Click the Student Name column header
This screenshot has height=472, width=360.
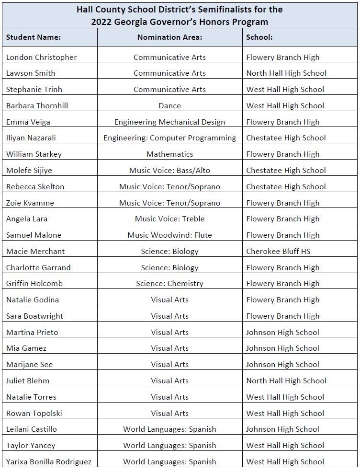[x=34, y=37]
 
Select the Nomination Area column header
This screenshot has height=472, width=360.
[x=169, y=37]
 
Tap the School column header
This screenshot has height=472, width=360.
[x=259, y=37]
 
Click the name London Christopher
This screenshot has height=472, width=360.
[x=41, y=57]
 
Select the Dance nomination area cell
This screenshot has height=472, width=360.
[x=169, y=105]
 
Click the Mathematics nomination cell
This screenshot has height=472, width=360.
[x=169, y=154]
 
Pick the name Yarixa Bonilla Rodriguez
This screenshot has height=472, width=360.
[x=48, y=461]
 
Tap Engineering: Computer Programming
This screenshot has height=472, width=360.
[x=169, y=138]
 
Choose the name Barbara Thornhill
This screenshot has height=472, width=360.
[x=37, y=105]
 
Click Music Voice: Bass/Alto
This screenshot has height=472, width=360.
[x=169, y=170]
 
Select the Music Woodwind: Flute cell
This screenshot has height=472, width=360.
[x=169, y=235]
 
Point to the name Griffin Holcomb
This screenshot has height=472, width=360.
[x=34, y=283]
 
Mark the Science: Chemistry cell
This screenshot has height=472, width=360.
[x=169, y=283]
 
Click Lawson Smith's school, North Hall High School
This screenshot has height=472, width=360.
[x=286, y=73]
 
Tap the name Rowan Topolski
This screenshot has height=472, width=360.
[x=34, y=413]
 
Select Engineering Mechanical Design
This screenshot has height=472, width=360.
[x=169, y=122]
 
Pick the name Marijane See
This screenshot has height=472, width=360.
[x=29, y=364]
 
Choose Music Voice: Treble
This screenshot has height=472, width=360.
[x=169, y=219]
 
